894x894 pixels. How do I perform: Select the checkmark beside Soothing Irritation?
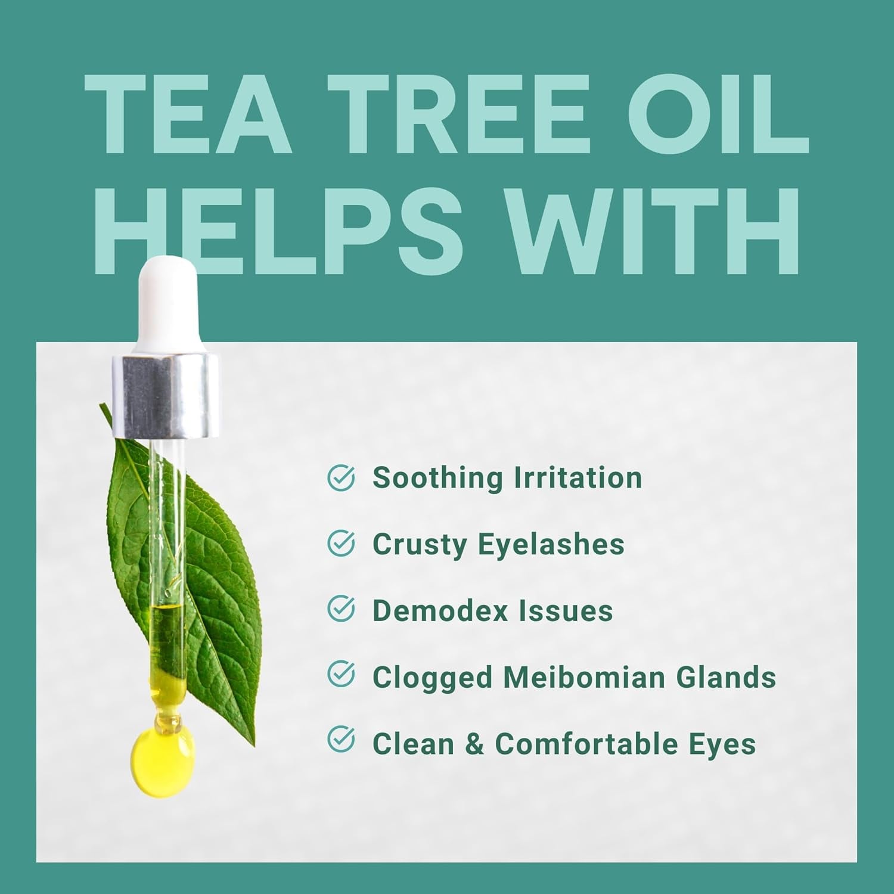coord(342,478)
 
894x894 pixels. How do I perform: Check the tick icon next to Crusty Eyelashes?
coord(342,544)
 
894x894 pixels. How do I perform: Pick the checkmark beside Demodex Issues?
coord(342,610)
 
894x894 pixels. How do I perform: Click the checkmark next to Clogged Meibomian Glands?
coord(342,675)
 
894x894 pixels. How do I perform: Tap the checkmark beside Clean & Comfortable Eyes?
coord(342,741)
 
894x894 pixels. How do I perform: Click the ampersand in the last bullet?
coord(474,744)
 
